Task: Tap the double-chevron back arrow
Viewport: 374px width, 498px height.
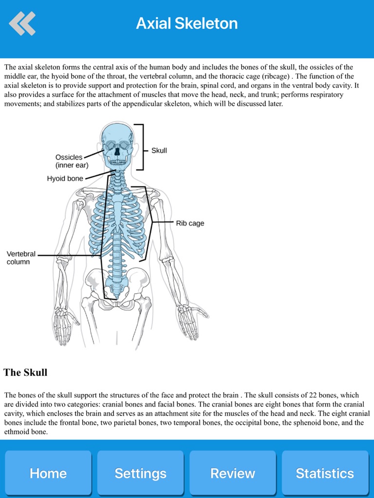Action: click(x=22, y=23)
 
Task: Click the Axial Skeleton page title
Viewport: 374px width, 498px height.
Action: click(x=187, y=23)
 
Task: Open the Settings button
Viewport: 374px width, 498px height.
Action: click(x=140, y=473)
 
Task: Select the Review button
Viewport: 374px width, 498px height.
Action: click(x=232, y=473)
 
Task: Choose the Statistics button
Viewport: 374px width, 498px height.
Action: click(x=325, y=473)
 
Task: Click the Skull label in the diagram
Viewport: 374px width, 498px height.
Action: click(x=159, y=151)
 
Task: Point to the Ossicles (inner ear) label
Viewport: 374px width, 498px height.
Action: click(x=69, y=161)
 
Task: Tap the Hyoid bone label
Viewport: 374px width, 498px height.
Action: click(x=65, y=179)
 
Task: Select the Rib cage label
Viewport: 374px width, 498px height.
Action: click(x=190, y=224)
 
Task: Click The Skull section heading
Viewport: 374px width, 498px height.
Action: click(x=25, y=373)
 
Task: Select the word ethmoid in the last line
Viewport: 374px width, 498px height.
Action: click(x=16, y=431)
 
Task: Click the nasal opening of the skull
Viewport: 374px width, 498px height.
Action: click(x=117, y=151)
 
